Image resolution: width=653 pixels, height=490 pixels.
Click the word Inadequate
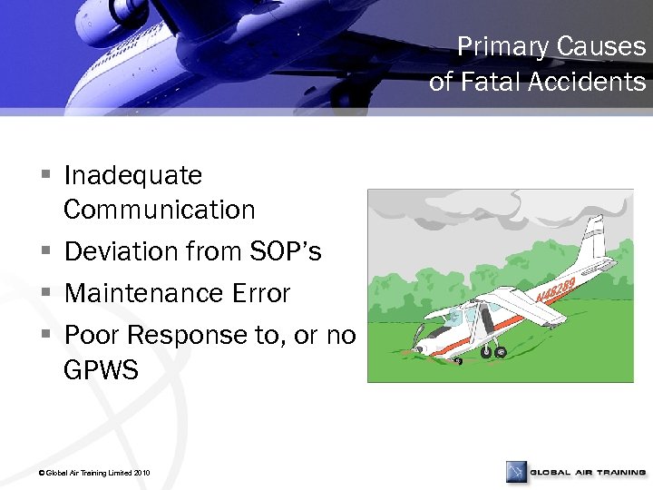pos(133,174)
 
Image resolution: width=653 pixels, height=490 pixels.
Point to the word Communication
pos(160,210)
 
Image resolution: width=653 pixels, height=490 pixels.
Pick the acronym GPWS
pos(101,370)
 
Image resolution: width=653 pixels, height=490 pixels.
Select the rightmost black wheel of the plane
pos(500,352)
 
